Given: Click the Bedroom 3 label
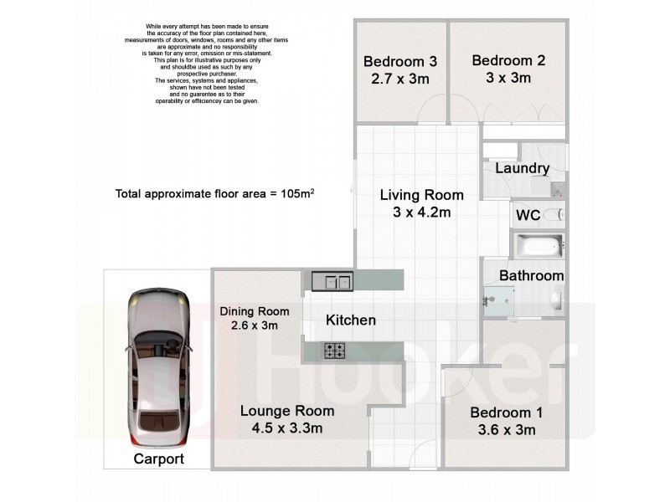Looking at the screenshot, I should pyautogui.click(x=400, y=61).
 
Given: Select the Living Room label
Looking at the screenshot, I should pyautogui.click(x=422, y=196).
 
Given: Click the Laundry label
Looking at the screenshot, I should pyautogui.click(x=523, y=169).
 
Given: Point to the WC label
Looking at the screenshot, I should pyautogui.click(x=528, y=216).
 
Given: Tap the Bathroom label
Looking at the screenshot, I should pyautogui.click(x=532, y=275).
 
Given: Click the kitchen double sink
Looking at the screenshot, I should pyautogui.click(x=332, y=280).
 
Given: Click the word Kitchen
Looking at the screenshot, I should pyautogui.click(x=350, y=320).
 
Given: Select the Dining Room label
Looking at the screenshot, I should pyautogui.click(x=249, y=311).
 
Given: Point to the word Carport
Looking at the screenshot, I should pyautogui.click(x=159, y=459).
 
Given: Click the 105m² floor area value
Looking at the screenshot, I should pyautogui.click(x=297, y=193).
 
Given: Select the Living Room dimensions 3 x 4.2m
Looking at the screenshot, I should pyautogui.click(x=422, y=213).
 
